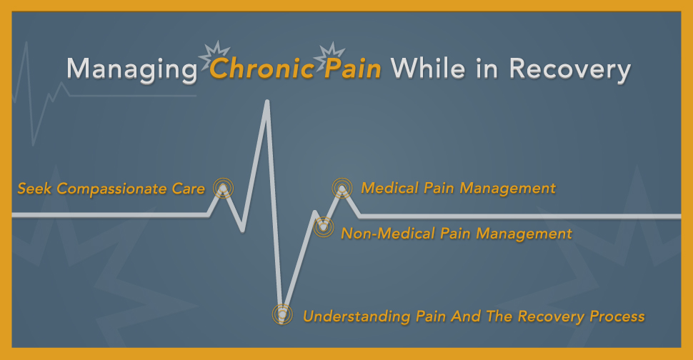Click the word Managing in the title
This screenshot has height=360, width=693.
131,71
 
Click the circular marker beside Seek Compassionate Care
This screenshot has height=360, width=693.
224,188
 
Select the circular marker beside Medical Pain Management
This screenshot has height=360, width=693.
343,188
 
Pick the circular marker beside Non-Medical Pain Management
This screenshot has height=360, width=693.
324,228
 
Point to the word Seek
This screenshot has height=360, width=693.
34,189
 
